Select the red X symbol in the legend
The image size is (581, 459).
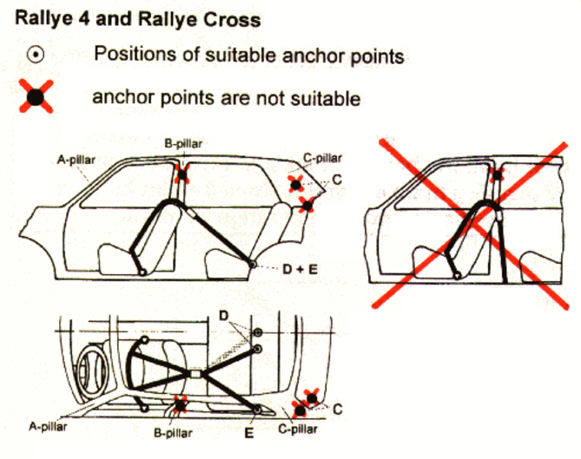tap(36, 96)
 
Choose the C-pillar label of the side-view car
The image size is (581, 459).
tap(322, 158)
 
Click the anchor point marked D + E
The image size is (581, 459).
tap(250, 263)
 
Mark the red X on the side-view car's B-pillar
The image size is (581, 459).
tap(182, 174)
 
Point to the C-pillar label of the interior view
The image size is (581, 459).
tap(299, 429)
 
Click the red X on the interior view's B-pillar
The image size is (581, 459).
tap(181, 403)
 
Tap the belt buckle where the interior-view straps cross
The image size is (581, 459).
tap(195, 375)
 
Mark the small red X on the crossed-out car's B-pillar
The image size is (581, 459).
tap(496, 174)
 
